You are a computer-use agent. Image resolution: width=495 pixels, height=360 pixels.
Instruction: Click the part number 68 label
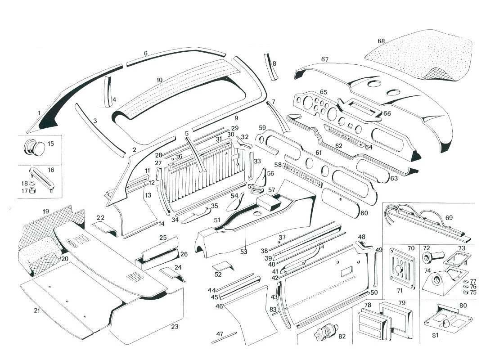tap(381, 41)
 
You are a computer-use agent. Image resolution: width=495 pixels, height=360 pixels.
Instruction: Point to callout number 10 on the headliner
tap(159, 80)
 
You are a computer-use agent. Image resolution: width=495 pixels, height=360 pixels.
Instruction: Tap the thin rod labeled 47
tap(225, 337)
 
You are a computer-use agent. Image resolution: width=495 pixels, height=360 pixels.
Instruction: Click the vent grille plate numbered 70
tap(398, 265)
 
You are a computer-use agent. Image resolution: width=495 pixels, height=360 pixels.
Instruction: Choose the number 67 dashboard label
tap(325, 59)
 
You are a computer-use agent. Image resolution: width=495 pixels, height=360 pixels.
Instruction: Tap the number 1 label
tap(39, 113)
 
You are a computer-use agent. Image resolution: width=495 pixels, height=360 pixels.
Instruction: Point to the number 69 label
tap(449, 218)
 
